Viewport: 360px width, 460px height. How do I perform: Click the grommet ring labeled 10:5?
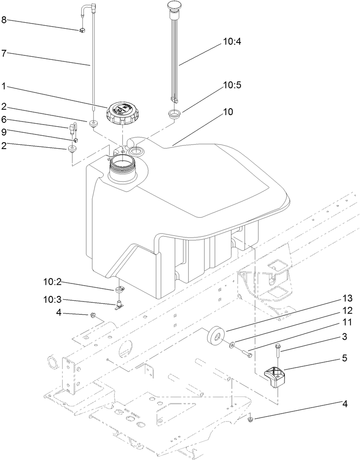pos(174,115)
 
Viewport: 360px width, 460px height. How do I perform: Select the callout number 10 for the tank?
pos(228,112)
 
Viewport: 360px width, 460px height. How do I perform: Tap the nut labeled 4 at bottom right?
pos(250,418)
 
